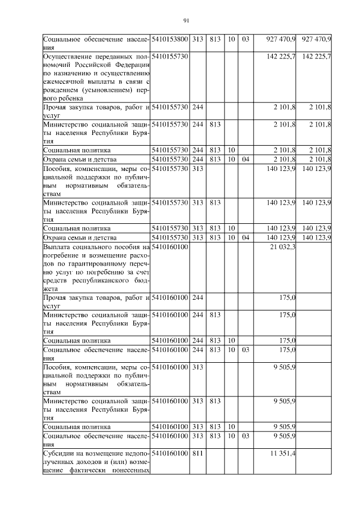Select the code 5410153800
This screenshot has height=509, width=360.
tap(171, 39)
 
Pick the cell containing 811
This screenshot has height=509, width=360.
tap(197, 453)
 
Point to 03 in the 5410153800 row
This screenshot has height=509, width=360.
tap(245, 39)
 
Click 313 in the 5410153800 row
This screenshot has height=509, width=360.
tap(197, 39)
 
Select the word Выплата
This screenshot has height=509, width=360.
tap(56, 247)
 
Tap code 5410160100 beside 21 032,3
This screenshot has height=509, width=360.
tap(171, 247)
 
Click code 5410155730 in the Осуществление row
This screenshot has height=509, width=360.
tap(171, 57)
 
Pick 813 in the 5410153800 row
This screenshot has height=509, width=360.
tap(214, 39)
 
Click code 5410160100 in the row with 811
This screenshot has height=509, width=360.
tap(171, 453)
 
